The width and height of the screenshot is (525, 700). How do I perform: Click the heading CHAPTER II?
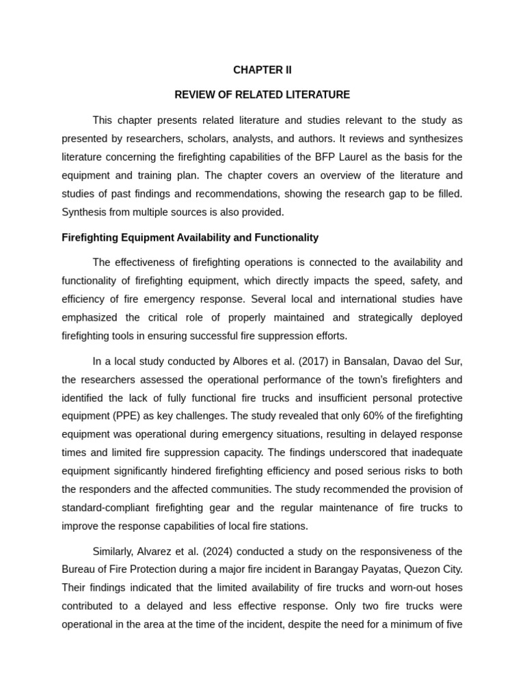[262, 70]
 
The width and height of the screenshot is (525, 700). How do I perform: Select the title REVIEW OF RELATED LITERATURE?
[262, 95]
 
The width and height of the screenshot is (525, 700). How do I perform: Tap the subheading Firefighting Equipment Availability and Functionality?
[190, 238]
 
